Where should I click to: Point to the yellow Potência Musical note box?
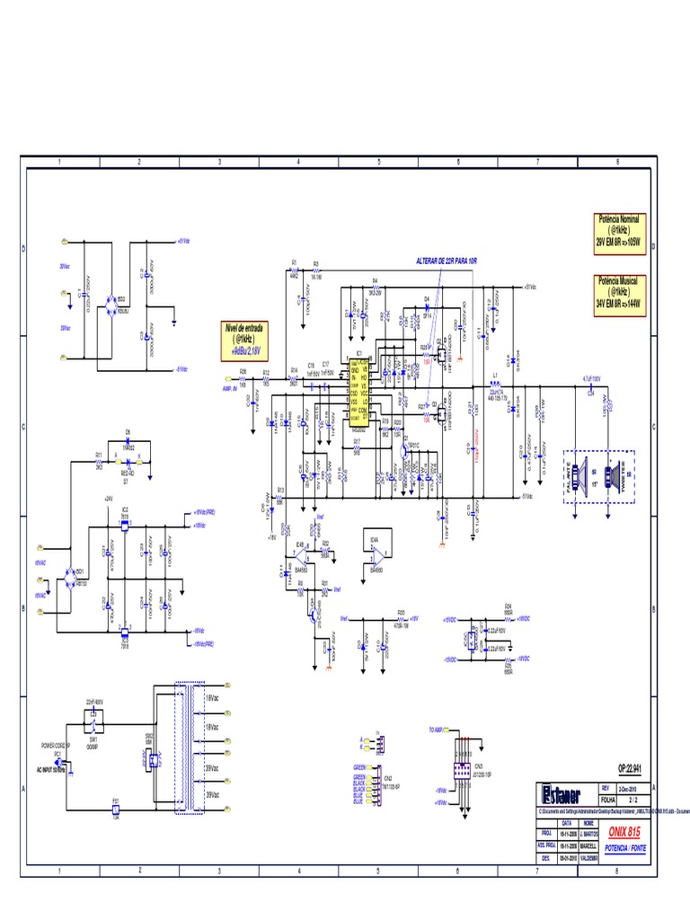coord(618,293)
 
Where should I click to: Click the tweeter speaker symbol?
coord(615,473)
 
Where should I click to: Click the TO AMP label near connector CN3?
coord(438,730)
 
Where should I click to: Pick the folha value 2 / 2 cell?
coord(632,797)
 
